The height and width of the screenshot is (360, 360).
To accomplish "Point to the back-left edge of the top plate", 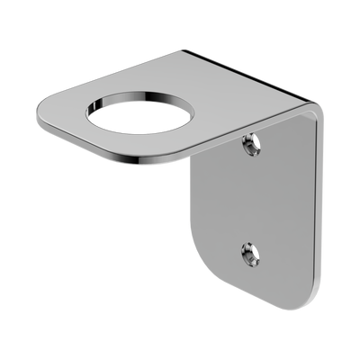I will (x=117, y=72).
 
